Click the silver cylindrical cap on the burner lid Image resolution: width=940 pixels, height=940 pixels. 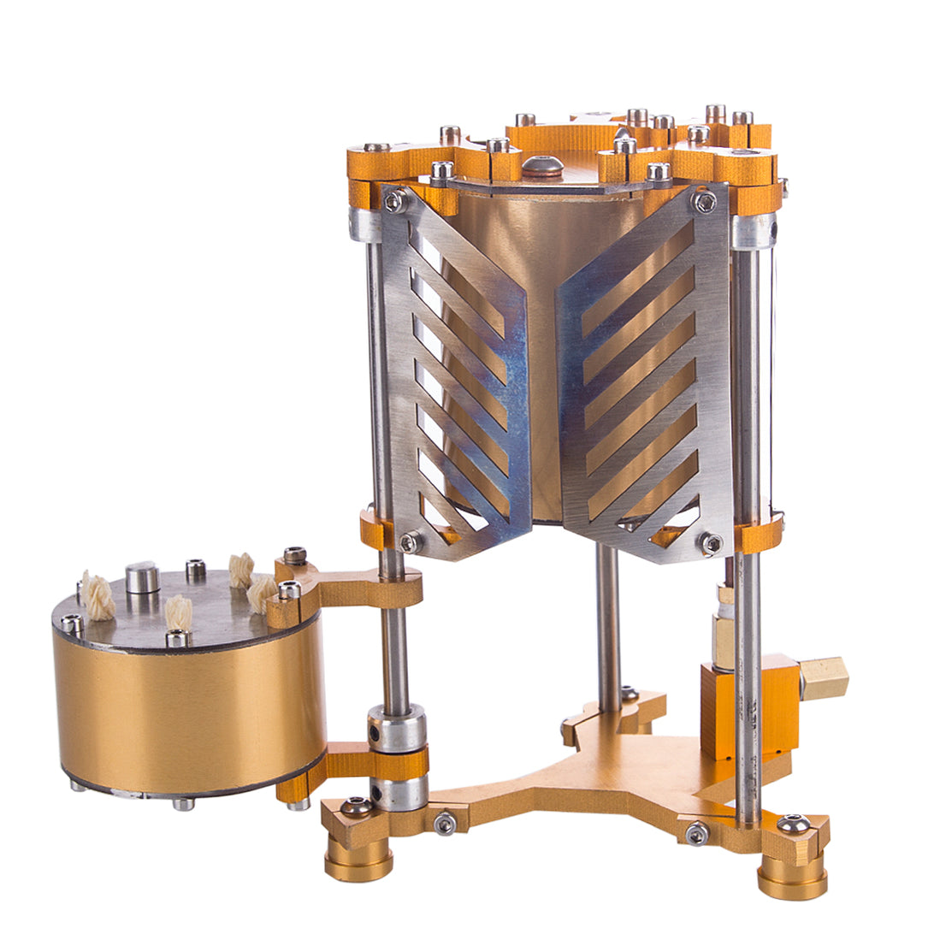pos(142,577)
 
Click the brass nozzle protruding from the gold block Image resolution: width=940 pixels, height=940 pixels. pos(826,680)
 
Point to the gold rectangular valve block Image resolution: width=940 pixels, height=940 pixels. pos(749,706)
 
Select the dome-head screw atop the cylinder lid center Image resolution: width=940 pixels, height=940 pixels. pos(543,166)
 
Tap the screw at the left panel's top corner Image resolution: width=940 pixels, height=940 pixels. pos(394,201)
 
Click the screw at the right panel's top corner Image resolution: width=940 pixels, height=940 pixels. pos(706,202)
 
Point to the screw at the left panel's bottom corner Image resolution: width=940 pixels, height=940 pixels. pos(410,541)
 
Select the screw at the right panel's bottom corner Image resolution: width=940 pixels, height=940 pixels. pos(709,541)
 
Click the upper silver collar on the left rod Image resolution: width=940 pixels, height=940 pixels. pos(396,723)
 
